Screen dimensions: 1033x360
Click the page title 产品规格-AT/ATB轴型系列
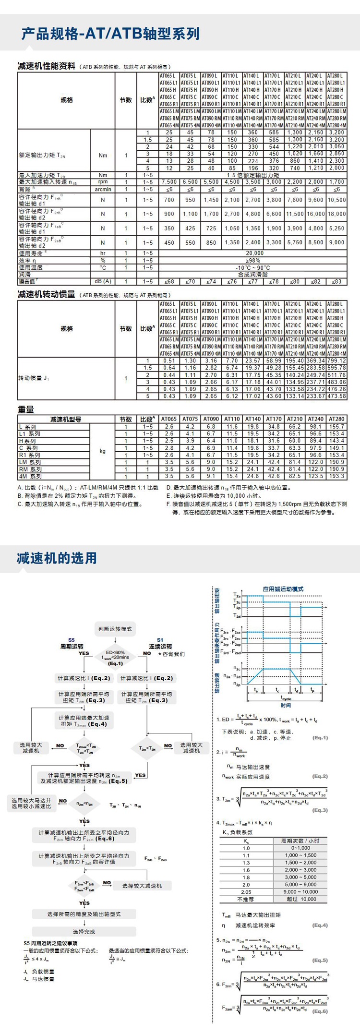110,33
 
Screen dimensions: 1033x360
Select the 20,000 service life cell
254,253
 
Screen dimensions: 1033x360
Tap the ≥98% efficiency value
254,260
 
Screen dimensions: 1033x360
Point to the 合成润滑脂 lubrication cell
254,275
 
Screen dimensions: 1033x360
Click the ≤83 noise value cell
336,282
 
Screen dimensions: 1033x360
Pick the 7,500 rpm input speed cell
169,182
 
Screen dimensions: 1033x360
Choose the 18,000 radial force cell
336,214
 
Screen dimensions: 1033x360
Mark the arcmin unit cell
103,189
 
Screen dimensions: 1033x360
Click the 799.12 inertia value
336,360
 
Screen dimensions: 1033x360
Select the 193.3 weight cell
336,476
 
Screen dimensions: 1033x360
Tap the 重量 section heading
26,409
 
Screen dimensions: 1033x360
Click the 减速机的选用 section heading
57,558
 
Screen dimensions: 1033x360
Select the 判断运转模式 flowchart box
115,629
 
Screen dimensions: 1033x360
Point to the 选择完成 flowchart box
84,932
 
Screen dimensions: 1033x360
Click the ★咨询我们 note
171,654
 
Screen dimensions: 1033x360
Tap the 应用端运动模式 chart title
283,589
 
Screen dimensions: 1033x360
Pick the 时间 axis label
286,705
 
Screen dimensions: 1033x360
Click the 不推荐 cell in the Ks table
246,899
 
